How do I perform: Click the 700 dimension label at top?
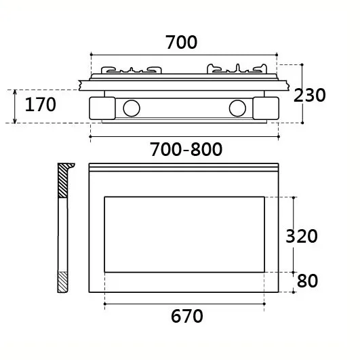[x=181, y=42]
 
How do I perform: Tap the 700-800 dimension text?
[x=186, y=149]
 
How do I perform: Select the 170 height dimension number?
[x=40, y=104]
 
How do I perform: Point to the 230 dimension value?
[x=309, y=95]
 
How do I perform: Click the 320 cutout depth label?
[x=302, y=236]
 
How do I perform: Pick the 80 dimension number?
[x=307, y=281]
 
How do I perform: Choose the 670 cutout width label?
[x=187, y=316]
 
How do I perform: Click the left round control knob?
[x=132, y=108]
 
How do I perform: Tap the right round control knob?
[x=237, y=108]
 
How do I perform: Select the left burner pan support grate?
[x=132, y=70]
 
